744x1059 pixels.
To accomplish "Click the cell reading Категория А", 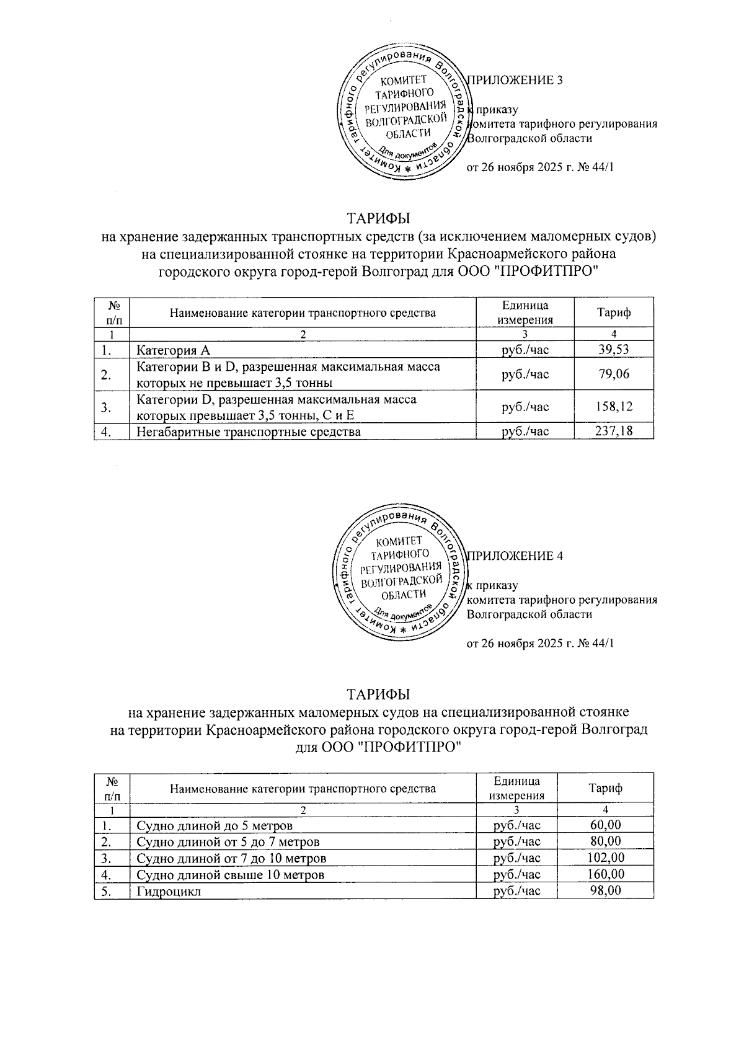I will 173,350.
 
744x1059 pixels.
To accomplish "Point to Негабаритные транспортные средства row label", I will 248,431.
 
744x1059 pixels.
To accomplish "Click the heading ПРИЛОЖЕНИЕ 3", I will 515,80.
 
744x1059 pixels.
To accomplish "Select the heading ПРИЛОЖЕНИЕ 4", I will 515,556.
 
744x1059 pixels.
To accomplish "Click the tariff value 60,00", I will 604,825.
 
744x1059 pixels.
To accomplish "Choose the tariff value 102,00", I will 604,858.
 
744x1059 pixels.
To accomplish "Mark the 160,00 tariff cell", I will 604,874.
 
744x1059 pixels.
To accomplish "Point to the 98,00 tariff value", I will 604,890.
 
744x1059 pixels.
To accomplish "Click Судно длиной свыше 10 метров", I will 230,875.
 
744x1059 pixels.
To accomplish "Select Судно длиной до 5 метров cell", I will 214,826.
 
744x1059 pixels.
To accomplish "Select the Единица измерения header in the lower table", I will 516,788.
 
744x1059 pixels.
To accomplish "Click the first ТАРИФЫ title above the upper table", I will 378,219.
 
